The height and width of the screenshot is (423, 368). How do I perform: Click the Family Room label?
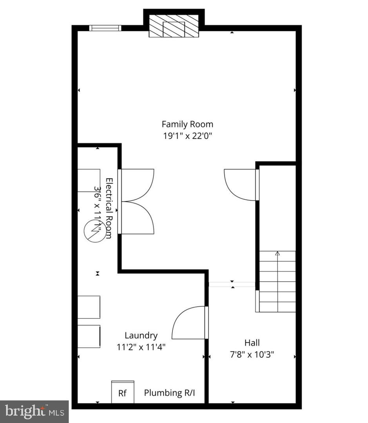[x=187, y=124]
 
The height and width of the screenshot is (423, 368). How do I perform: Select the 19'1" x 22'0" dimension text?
[x=187, y=136]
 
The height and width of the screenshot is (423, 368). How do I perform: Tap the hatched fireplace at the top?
[x=174, y=26]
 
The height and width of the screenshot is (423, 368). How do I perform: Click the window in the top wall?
[x=105, y=28]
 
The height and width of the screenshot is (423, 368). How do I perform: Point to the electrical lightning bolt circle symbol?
[x=95, y=231]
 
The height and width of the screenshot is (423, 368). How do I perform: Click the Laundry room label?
[x=141, y=335]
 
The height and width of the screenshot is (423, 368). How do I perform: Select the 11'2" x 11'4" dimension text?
[x=141, y=347]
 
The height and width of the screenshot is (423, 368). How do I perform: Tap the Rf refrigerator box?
[x=123, y=392]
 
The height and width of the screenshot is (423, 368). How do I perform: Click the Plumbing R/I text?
[x=169, y=393]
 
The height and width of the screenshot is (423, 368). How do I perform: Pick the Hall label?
[x=252, y=343]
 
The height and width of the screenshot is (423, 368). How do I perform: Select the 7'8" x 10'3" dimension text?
[x=252, y=354]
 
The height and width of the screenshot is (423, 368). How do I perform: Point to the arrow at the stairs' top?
[x=277, y=254]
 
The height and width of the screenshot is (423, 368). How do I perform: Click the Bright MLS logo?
[x=34, y=411]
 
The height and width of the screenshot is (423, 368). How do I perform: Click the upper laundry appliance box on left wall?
[x=89, y=307]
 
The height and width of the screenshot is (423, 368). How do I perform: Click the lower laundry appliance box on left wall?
[x=89, y=336]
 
